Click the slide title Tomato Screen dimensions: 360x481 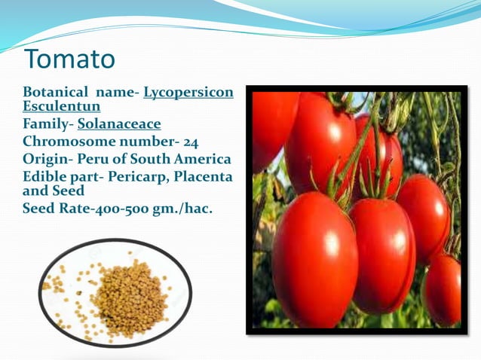[69, 59]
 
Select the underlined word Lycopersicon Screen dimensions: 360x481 [188, 93]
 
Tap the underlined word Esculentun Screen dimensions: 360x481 [62, 106]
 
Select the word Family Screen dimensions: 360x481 [45, 124]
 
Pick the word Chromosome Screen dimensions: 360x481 [69, 142]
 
